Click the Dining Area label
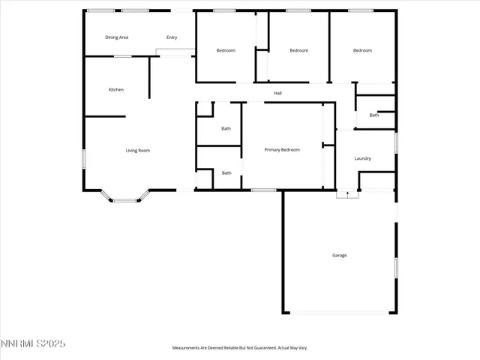(x=116, y=37)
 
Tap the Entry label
(x=172, y=37)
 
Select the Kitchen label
(x=115, y=90)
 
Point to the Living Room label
(x=138, y=151)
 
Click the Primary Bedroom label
(x=282, y=150)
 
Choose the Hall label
(x=277, y=93)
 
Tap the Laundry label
(x=363, y=158)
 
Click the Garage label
(x=340, y=255)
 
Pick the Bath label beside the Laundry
(x=373, y=115)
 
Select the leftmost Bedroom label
(x=226, y=50)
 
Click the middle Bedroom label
(x=299, y=50)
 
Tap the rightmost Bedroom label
(x=362, y=50)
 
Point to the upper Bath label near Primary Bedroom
(x=226, y=128)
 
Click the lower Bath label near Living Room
(x=226, y=173)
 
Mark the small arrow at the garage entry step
(x=347, y=193)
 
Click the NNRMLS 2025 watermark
(x=33, y=343)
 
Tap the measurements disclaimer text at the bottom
(x=240, y=348)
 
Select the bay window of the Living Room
(x=125, y=198)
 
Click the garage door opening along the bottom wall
(x=340, y=313)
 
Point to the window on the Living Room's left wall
(x=83, y=159)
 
